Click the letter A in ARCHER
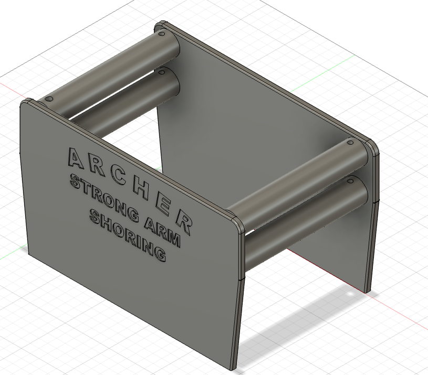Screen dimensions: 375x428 coord(75,157)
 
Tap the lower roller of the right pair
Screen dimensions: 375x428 coord(305,220)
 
